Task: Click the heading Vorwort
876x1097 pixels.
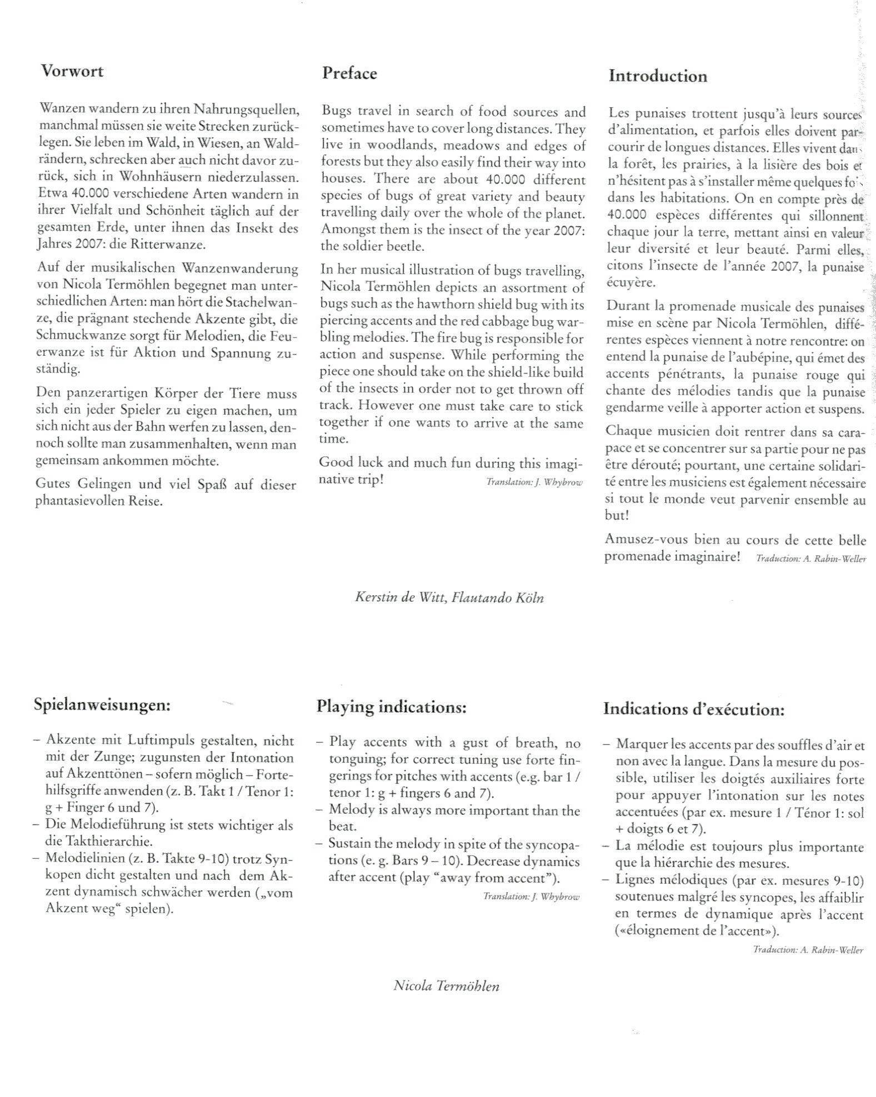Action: click(x=72, y=72)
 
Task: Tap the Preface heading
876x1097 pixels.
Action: click(x=349, y=74)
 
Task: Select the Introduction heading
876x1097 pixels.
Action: click(x=658, y=76)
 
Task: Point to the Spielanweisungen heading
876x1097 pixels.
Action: click(x=102, y=705)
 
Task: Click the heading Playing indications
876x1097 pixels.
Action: click(x=391, y=707)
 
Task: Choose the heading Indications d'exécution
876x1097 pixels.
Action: click(x=694, y=709)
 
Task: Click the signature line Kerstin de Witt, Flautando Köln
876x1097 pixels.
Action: click(x=449, y=598)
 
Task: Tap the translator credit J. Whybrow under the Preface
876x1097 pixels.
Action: click(x=534, y=482)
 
